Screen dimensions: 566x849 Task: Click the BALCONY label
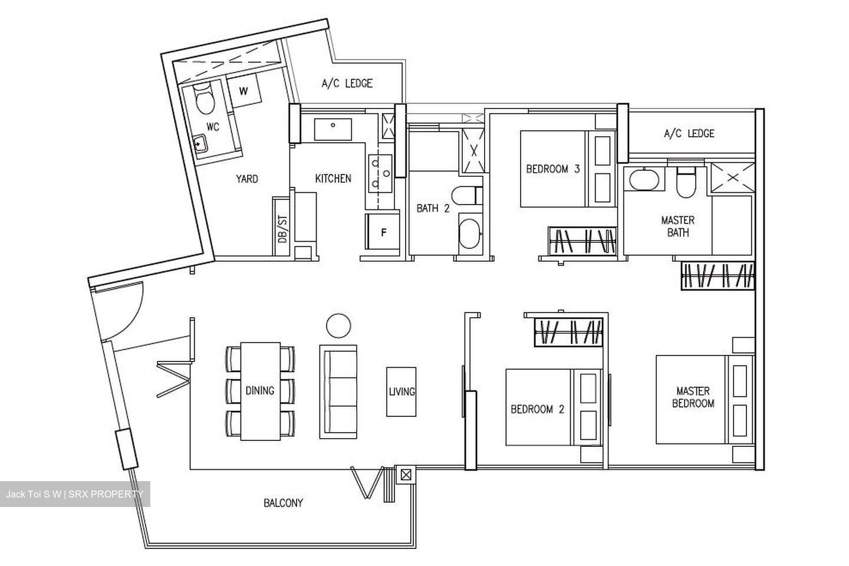(x=283, y=503)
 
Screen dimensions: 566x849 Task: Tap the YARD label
(x=246, y=179)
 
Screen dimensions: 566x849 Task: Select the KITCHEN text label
(x=333, y=179)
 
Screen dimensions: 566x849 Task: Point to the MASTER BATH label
(x=677, y=226)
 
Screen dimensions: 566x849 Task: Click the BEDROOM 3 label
(x=552, y=169)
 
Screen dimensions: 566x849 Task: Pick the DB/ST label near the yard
(x=282, y=229)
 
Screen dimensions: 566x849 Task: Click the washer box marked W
(x=243, y=91)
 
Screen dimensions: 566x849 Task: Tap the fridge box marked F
(x=383, y=233)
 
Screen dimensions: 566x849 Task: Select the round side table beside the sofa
(x=338, y=325)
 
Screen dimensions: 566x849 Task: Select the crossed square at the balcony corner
(x=406, y=474)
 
